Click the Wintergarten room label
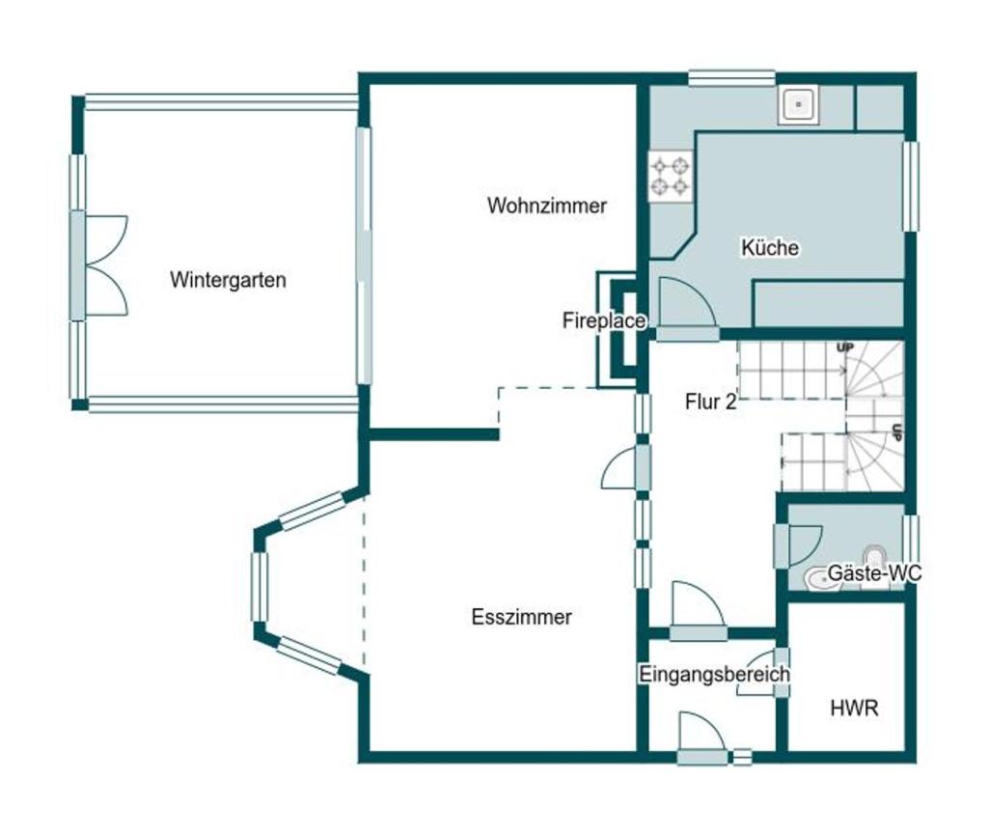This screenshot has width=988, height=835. [x=228, y=280]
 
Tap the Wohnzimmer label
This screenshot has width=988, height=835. [x=547, y=206]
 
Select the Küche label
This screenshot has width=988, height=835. [x=770, y=247]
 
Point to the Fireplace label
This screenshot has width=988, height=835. [x=604, y=320]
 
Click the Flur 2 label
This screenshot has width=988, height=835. [x=711, y=402]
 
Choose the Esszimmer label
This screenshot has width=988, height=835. [x=522, y=616]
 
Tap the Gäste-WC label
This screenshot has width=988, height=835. [x=874, y=572]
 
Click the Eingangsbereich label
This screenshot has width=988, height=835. [x=715, y=674]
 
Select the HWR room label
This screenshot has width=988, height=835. [x=855, y=709]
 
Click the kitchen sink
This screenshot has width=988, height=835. [x=799, y=104]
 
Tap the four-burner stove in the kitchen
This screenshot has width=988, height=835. [x=671, y=177]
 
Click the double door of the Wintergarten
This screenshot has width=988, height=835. [x=99, y=265]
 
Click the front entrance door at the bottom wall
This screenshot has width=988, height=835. [x=702, y=738]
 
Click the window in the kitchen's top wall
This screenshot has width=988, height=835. [x=731, y=78]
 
